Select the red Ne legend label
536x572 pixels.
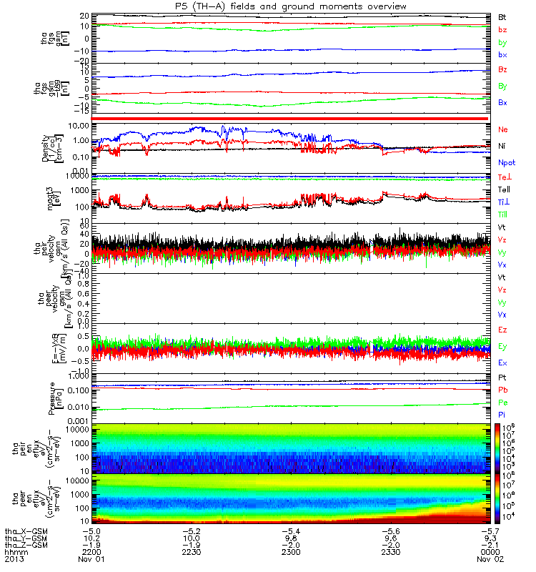(504, 129)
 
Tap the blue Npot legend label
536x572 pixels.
(507, 162)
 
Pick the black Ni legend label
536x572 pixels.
(503, 146)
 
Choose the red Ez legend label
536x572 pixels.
(503, 330)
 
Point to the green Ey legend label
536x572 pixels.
(503, 347)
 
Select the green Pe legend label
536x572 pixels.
(503, 403)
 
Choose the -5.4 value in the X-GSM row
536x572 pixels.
(290, 531)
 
